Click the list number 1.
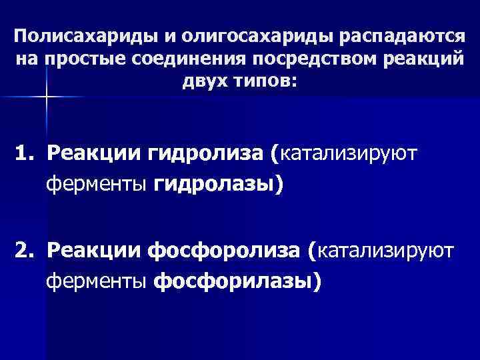pyautogui.click(x=25, y=155)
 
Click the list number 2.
pyautogui.click(x=25, y=252)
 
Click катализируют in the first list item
pyautogui.click(x=349, y=155)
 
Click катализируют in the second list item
pyautogui.click(x=387, y=252)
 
